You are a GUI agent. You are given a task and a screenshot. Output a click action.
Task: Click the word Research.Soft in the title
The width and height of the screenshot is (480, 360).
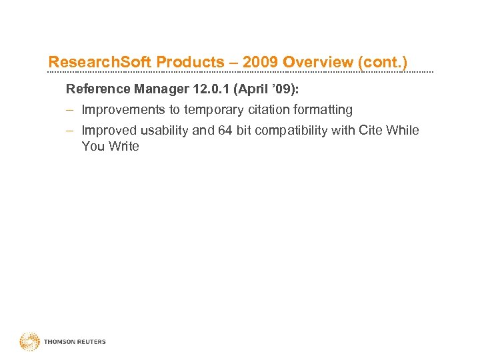coord(99,63)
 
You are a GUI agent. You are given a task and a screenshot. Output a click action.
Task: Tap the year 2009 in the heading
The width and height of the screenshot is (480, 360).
coord(261,63)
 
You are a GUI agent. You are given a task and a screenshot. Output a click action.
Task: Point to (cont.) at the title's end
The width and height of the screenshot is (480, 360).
coord(383,63)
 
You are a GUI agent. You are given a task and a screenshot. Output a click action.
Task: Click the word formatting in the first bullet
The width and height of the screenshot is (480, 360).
coord(323,109)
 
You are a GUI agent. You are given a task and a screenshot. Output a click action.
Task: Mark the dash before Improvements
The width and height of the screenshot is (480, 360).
coord(69,109)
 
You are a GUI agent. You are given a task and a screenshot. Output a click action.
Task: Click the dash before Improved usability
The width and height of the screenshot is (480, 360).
coord(69,131)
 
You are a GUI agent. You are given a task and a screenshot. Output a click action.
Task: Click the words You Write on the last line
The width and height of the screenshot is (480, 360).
coord(110,147)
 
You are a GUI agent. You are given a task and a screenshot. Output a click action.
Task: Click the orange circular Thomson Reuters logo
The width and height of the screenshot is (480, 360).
coord(30,341)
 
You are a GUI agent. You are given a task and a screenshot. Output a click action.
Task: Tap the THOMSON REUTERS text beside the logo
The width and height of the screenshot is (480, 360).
coord(75,342)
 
